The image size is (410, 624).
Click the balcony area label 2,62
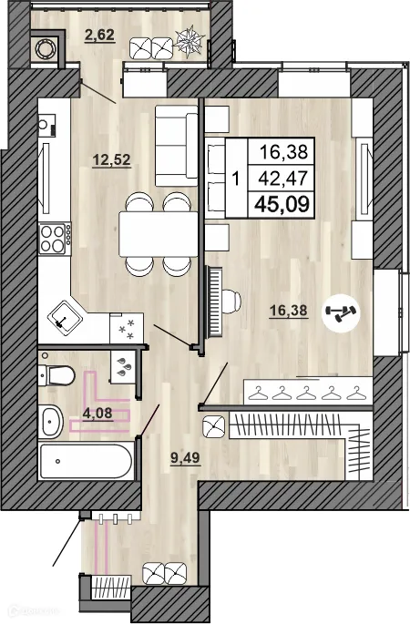(100, 35)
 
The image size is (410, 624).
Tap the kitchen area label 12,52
(111, 160)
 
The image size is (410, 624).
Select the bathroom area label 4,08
(97, 413)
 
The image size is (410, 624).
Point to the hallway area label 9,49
(185, 458)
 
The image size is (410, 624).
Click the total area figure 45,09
(282, 205)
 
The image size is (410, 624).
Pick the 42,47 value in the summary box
(283, 178)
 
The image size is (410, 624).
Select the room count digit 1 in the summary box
(236, 179)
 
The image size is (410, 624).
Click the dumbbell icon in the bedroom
(341, 313)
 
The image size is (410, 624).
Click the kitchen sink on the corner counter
(65, 319)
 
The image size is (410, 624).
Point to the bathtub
(86, 461)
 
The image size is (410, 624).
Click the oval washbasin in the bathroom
(53, 421)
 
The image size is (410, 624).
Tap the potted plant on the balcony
(190, 40)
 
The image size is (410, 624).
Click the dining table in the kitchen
(159, 234)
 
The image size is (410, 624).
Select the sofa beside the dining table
(177, 146)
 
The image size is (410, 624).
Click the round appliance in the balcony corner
(44, 49)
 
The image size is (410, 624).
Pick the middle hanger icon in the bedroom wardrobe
(306, 394)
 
